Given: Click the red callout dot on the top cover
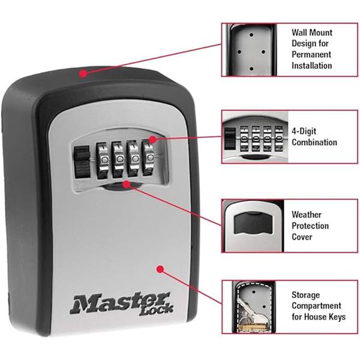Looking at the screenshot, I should coord(83,74).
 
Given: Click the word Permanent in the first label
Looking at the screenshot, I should coord(311,55).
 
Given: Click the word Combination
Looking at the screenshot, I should coord(314,142).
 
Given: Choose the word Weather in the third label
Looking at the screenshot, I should coord(307,214).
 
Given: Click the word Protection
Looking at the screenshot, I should coord(310,226).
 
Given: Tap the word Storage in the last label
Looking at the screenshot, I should coord(306,295).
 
